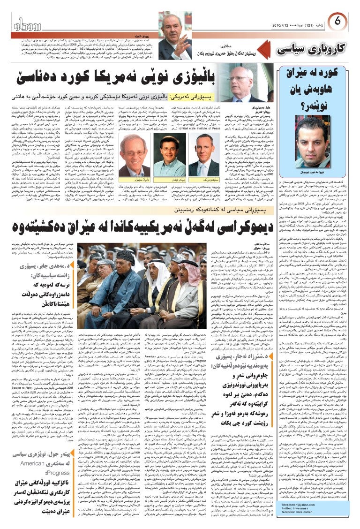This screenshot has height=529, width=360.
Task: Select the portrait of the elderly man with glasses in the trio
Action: click(136, 159)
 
